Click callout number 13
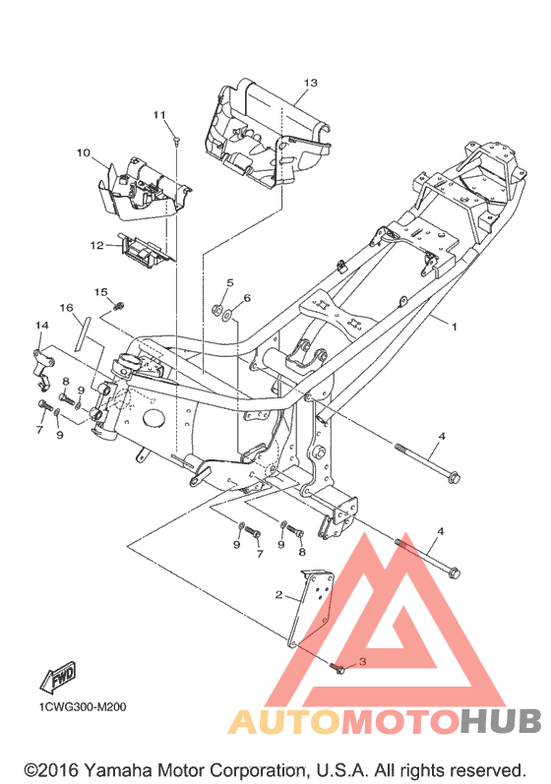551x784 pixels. pos(311,83)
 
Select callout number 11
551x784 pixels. pos(159,115)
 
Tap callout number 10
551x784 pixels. pos(84,152)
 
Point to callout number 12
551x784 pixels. pos(96,246)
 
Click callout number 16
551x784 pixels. pos(67,308)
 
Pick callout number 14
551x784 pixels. pos(42,325)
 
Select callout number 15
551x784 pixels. pos(101,292)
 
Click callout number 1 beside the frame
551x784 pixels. pos(454,327)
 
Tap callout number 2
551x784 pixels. pos(279,594)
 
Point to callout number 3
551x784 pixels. pos(362,661)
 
